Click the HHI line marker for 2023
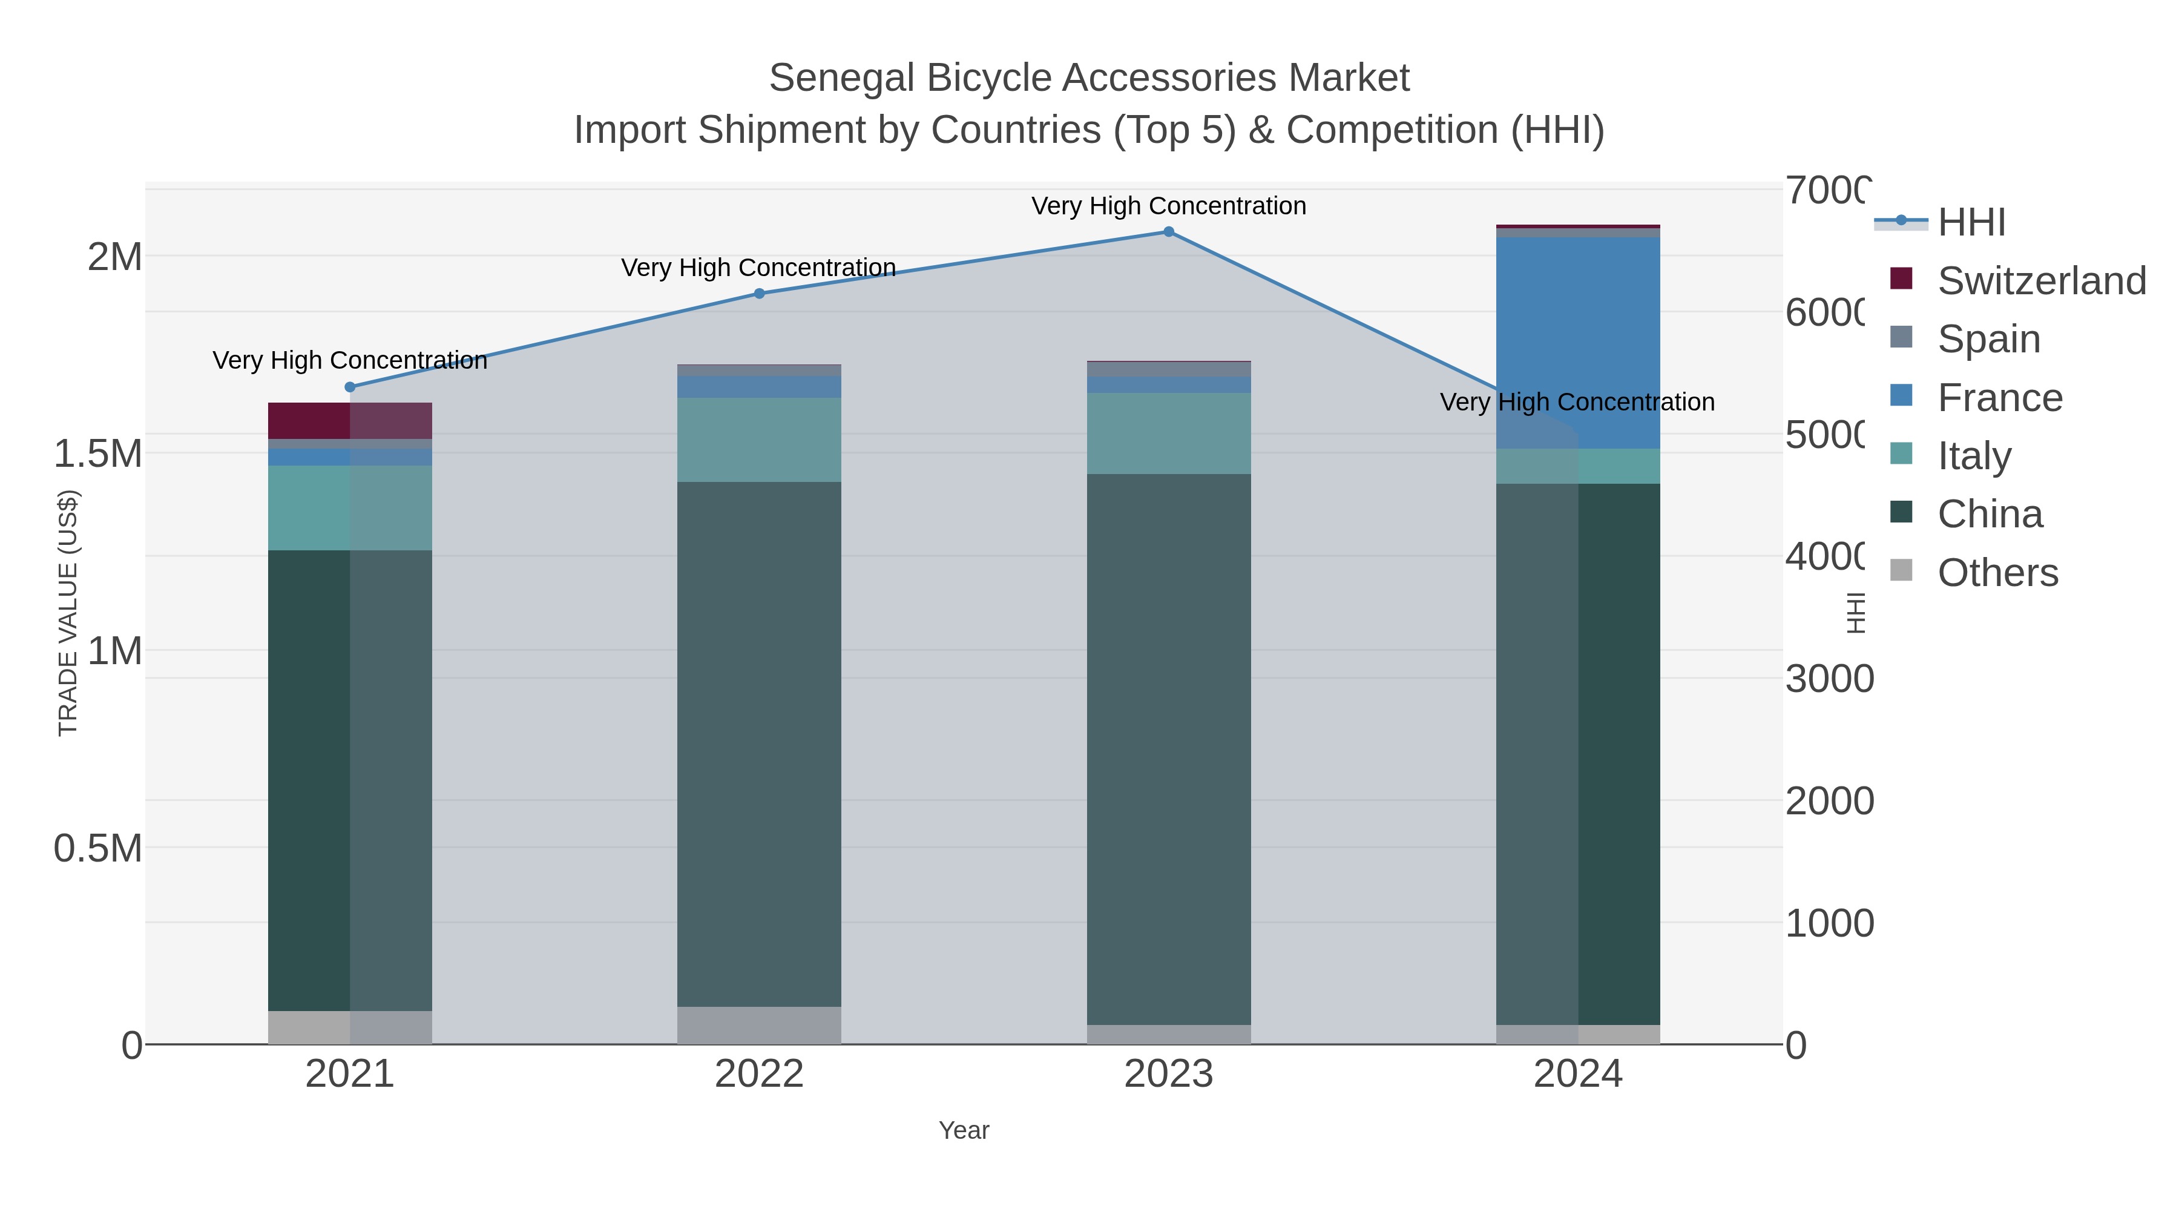click(1168, 232)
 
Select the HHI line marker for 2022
click(759, 294)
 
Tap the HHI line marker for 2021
click(350, 387)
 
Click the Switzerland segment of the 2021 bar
click(350, 421)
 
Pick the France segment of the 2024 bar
click(1577, 343)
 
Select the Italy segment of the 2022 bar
click(759, 440)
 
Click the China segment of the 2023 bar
click(1168, 749)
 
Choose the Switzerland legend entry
click(2040, 281)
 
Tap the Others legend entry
click(1997, 573)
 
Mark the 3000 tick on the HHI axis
click(1829, 679)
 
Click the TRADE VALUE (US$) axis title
click(68, 613)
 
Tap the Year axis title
click(964, 1130)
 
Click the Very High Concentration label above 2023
click(1168, 206)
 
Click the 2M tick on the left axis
click(115, 256)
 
